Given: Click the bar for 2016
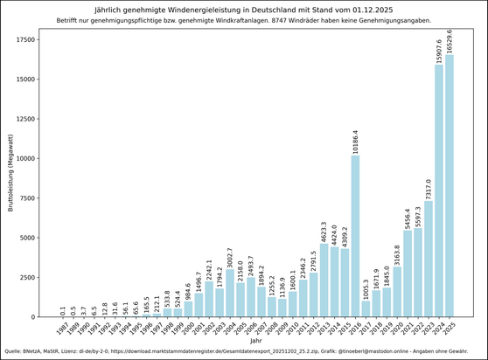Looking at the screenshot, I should [355, 236].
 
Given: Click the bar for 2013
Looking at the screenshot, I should [324, 280].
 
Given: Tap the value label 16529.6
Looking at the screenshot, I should [450, 39].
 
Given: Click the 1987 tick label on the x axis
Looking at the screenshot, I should [61, 330].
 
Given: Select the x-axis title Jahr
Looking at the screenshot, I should [255, 342].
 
